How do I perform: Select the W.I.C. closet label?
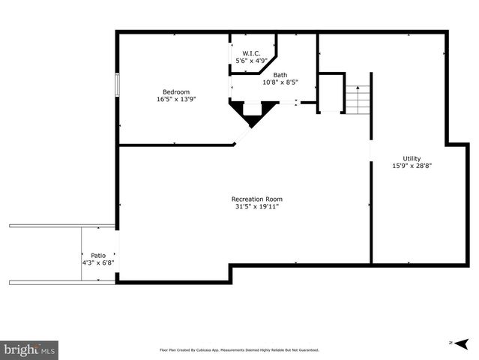pos(250,52)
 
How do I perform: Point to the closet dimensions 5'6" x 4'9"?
pos(250,60)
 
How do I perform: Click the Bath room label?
pos(280,75)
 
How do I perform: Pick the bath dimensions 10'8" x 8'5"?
pos(280,82)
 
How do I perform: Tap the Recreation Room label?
pos(257,199)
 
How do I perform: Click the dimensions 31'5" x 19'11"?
pos(257,206)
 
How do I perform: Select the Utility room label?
pos(412,158)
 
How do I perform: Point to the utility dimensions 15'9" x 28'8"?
pos(412,166)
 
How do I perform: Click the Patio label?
pos(98,255)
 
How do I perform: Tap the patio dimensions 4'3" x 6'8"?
pos(98,262)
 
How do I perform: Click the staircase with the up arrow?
pos(358,99)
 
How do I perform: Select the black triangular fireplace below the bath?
pos(251,113)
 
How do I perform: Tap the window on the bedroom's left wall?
pos(116,84)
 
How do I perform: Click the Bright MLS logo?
pos(29,349)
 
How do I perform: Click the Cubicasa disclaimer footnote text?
pos(239,349)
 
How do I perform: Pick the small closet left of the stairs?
pos(331,92)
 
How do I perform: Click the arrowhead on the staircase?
pos(359,88)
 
